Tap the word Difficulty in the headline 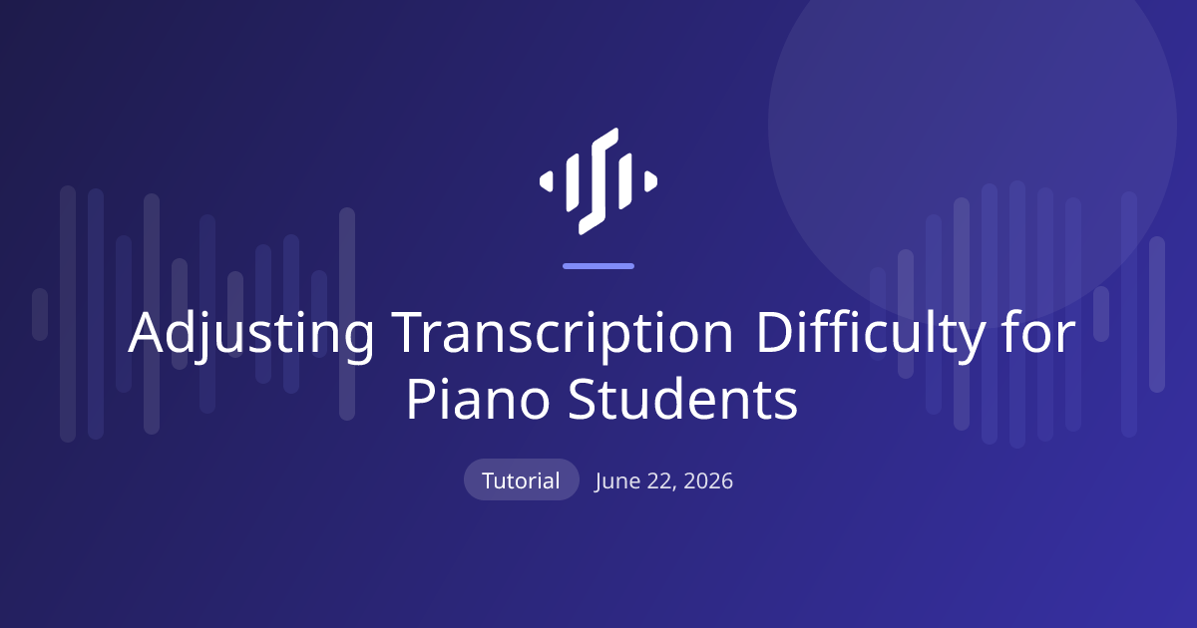pyautogui.click(x=871, y=334)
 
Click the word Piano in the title pyautogui.click(x=478, y=399)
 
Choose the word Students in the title pyautogui.click(x=682, y=399)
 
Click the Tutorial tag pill pyautogui.click(x=521, y=479)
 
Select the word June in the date pyautogui.click(x=616, y=481)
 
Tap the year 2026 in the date pyautogui.click(x=708, y=481)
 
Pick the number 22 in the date pyautogui.click(x=661, y=481)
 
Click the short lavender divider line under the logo pyautogui.click(x=598, y=266)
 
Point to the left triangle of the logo pyautogui.click(x=547, y=181)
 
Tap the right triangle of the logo pyautogui.click(x=650, y=181)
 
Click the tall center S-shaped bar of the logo pyautogui.click(x=598, y=181)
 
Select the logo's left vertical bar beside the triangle pyautogui.click(x=573, y=182)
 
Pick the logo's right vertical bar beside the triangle pyautogui.click(x=625, y=181)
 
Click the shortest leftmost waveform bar pyautogui.click(x=40, y=315)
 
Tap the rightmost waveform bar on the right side pyautogui.click(x=1157, y=315)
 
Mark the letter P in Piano pyautogui.click(x=422, y=399)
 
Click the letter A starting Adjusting pyautogui.click(x=146, y=332)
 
